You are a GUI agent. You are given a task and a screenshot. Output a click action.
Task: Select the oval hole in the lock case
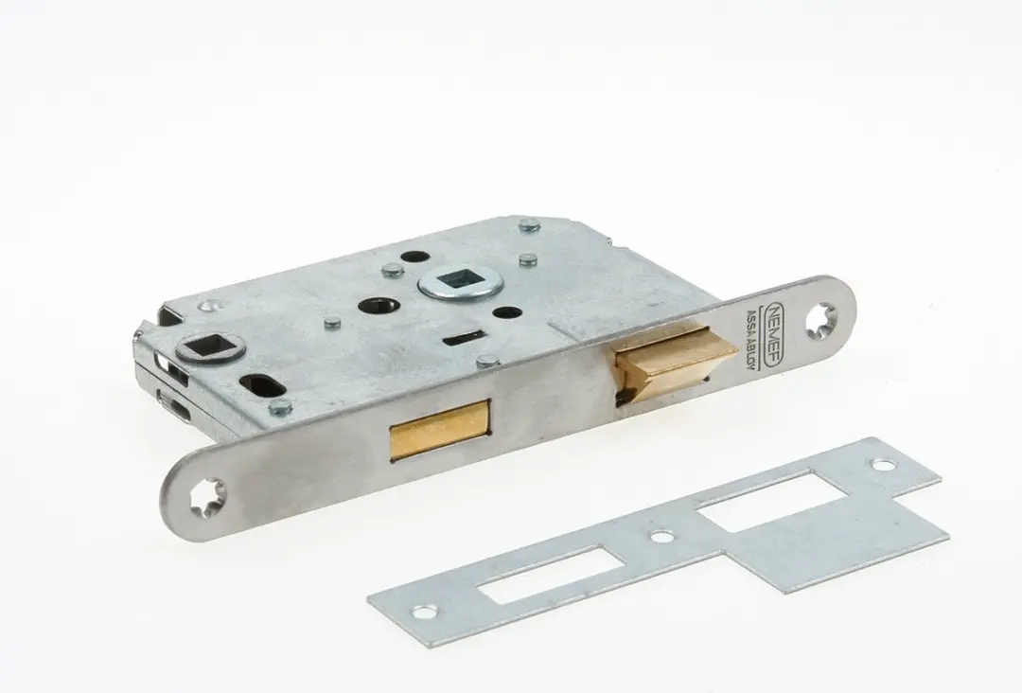(261, 385)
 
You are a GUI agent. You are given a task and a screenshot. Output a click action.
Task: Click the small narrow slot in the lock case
(460, 338)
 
